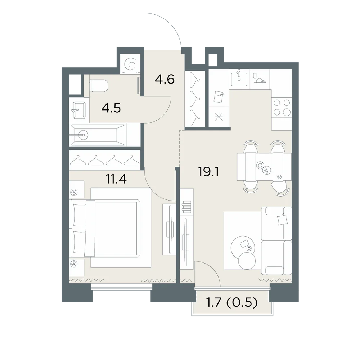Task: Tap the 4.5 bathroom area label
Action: click(x=111, y=108)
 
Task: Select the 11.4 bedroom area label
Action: click(x=116, y=179)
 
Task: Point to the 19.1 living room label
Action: click(x=208, y=172)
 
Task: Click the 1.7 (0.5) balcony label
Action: click(x=232, y=303)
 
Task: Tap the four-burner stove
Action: click(x=282, y=107)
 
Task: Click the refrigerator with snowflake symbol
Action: click(x=219, y=117)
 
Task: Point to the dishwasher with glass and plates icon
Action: click(x=260, y=78)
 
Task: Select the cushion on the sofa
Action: click(x=282, y=220)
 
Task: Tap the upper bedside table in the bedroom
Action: click(x=76, y=189)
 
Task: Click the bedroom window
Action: click(x=122, y=293)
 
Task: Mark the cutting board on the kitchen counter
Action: click(x=219, y=96)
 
